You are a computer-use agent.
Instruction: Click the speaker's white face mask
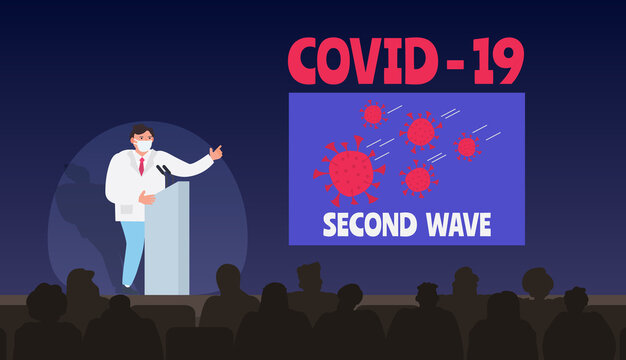click(144, 146)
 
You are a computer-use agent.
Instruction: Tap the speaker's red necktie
click(142, 165)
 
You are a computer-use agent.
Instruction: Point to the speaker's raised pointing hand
click(215, 152)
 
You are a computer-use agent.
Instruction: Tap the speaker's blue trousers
click(131, 250)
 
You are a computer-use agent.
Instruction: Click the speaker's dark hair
click(141, 130)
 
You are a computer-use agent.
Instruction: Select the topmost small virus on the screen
click(373, 114)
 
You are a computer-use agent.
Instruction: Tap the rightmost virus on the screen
click(467, 147)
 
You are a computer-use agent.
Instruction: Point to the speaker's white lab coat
click(126, 185)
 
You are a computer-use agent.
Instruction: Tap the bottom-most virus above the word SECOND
click(418, 179)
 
